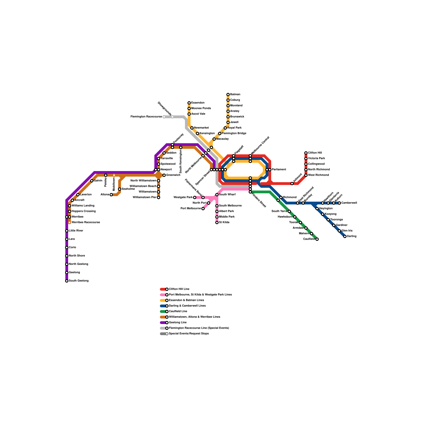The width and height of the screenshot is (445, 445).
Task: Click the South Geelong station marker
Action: pos(67,281)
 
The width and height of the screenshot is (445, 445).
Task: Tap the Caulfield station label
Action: pos(309,239)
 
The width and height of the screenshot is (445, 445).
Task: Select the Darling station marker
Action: pos(345,236)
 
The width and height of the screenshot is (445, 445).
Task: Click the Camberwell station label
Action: pos(349,203)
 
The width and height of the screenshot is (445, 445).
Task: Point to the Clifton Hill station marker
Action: pos(306,153)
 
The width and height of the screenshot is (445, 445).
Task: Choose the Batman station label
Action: pos(235,95)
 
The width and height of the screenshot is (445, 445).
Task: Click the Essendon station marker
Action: pos(189,103)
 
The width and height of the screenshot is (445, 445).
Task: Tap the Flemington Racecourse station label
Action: pos(146,117)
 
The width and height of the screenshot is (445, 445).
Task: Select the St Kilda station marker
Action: pos(217,222)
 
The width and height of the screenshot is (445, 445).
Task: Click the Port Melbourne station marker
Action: pos(203,209)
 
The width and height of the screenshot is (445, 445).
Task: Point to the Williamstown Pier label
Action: pos(145,197)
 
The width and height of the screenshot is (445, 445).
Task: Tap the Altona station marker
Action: pos(111,195)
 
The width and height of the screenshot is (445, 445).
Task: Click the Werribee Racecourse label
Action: pos(86,222)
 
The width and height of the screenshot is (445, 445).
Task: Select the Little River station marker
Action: pos(67,231)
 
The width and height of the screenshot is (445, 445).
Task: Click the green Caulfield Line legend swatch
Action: pos(163,311)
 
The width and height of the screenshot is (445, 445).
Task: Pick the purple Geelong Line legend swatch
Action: pos(163,323)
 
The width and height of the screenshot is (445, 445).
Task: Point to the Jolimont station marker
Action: pos(292,184)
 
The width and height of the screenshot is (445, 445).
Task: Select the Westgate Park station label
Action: pos(183,197)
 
